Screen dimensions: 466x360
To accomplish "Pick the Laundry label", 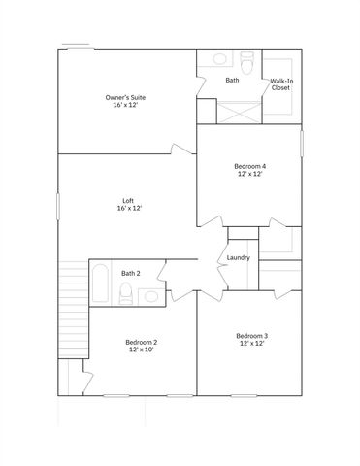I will pos(238,257).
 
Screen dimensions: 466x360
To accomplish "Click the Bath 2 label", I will pos(131,274).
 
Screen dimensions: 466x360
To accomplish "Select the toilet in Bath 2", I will pos(126,295).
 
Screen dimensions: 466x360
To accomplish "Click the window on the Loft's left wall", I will pos(57,206).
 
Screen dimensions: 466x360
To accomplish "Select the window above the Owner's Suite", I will pos(77,44).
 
